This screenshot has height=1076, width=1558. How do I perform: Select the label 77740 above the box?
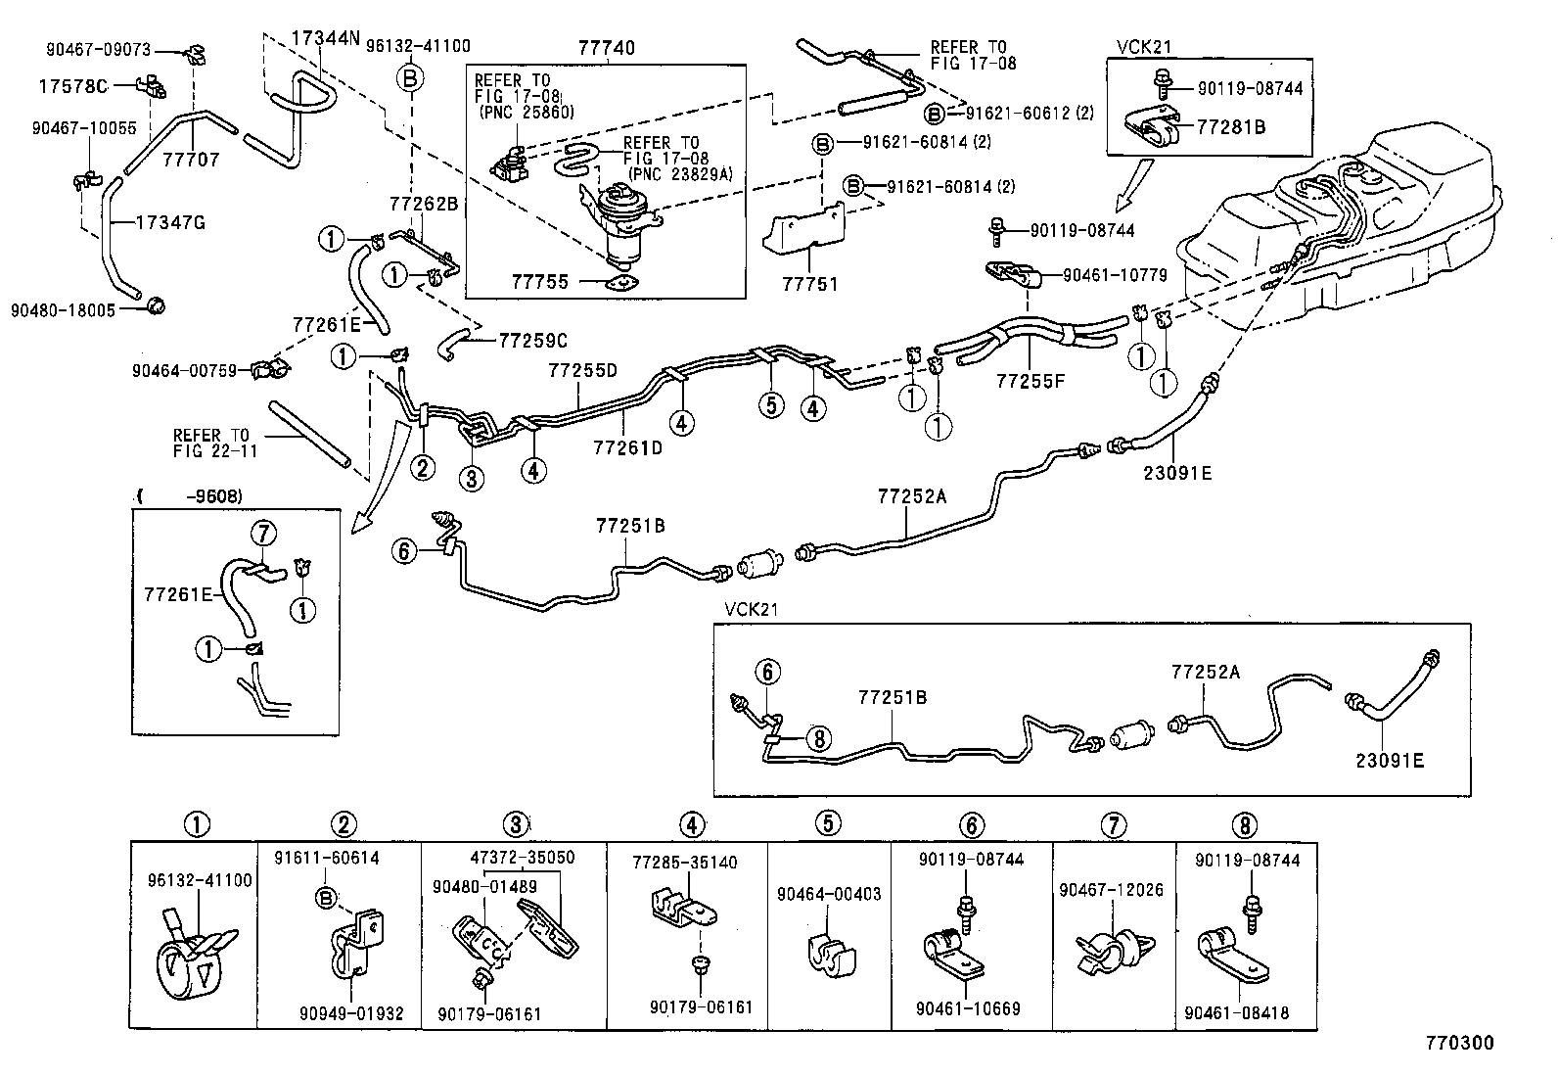coord(606,47)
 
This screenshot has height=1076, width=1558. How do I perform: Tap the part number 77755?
coord(539,282)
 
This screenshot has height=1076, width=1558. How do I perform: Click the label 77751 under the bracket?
coord(811,284)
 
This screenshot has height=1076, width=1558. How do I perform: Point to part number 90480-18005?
coord(63,309)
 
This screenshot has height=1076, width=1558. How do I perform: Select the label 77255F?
coord(1030,380)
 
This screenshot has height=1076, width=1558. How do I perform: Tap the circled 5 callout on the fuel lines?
coord(771,404)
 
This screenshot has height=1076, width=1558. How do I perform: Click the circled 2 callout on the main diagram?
coord(423,468)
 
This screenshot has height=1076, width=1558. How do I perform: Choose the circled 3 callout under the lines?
coord(472,478)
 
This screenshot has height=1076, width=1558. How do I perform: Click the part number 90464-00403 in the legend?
coord(829,894)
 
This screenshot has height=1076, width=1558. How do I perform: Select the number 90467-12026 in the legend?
coord(1113,890)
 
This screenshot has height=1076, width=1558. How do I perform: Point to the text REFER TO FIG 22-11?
coord(211,444)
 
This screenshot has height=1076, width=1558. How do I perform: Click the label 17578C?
coord(73,85)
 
